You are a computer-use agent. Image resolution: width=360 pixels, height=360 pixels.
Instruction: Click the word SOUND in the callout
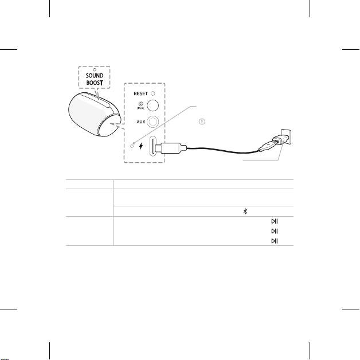click(95, 76)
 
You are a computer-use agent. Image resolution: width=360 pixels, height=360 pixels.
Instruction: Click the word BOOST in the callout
click(95, 83)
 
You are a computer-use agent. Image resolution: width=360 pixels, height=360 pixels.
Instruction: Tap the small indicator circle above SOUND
click(95, 69)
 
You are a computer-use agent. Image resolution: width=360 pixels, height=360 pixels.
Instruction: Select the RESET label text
click(140, 93)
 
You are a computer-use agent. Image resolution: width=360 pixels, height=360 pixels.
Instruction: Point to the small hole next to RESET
click(153, 93)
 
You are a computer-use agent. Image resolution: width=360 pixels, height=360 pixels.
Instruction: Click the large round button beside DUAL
click(152, 105)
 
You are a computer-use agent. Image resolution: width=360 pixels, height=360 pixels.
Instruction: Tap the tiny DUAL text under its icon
click(140, 108)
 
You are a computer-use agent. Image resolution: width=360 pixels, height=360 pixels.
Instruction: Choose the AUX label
click(141, 122)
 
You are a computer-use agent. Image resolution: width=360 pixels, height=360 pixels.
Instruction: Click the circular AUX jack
click(152, 122)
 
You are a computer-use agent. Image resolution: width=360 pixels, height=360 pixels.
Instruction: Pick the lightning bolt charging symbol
click(141, 146)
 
